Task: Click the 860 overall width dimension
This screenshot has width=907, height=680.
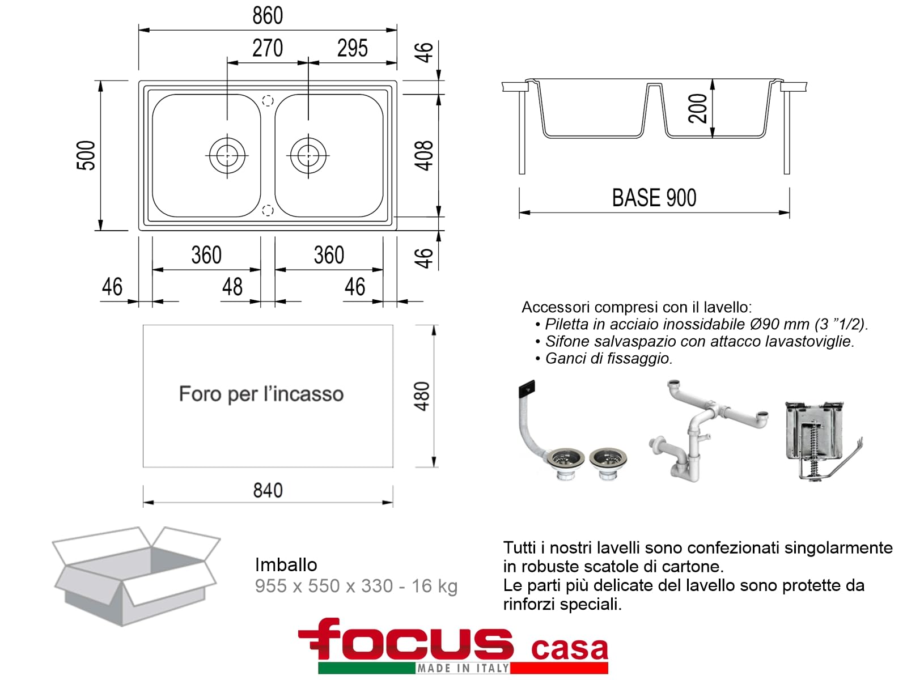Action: click(268, 16)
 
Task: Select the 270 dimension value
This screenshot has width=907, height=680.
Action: click(268, 48)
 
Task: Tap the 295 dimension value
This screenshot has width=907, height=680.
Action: click(352, 48)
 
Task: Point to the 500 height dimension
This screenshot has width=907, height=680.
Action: click(86, 155)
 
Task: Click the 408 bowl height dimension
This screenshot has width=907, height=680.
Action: click(424, 156)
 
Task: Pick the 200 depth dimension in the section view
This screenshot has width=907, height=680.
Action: click(697, 108)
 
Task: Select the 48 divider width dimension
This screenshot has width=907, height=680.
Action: click(232, 287)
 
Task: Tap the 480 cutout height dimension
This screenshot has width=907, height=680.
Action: click(422, 396)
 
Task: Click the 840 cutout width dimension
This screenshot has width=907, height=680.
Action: click(268, 491)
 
